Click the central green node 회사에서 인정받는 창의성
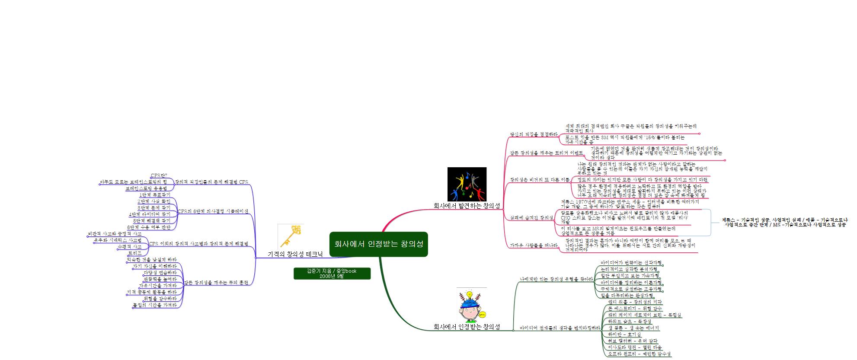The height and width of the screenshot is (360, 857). tap(378, 244)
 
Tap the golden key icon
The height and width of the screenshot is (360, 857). tap(290, 236)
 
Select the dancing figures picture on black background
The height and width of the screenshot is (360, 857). tap(467, 184)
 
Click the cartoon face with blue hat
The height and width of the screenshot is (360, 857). tap(471, 305)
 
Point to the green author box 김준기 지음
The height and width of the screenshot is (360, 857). tap(332, 274)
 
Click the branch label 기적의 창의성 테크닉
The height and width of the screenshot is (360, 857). tap(295, 254)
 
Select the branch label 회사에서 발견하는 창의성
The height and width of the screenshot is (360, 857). tap(467, 206)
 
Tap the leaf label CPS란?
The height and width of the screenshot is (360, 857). tap(159, 175)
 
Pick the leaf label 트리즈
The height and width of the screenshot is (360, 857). tap(134, 253)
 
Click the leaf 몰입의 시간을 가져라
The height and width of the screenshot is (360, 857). tap(155, 305)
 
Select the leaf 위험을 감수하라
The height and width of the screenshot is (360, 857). tap(160, 299)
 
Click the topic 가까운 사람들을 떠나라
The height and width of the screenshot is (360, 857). tap(534, 245)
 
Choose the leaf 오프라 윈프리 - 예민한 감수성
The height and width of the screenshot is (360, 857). tap(639, 354)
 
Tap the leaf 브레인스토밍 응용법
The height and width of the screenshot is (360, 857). tap(146, 188)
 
